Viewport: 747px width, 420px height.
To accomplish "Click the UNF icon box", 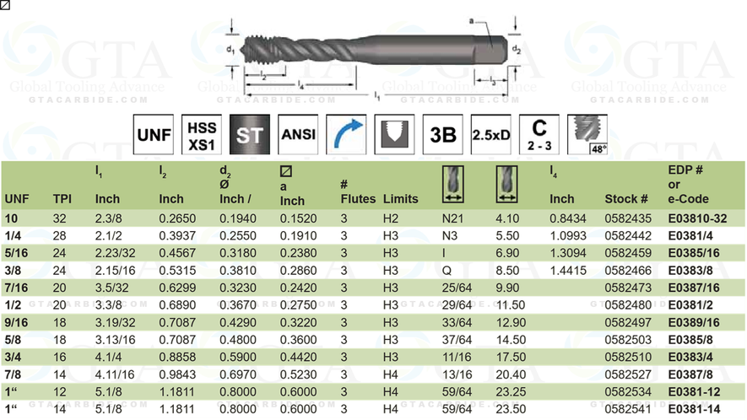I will [155, 135].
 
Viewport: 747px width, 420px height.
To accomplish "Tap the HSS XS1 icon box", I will [203, 135].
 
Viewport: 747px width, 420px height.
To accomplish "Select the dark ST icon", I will [250, 135].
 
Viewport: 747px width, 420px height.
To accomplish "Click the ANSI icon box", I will [298, 135].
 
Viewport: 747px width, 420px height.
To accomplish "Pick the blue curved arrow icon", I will [346, 135].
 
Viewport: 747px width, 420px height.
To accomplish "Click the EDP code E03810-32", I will [698, 218].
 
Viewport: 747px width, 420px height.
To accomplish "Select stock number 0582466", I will [625, 272].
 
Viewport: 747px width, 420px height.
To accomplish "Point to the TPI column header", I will [62, 199].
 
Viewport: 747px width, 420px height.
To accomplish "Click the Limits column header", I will [400, 199].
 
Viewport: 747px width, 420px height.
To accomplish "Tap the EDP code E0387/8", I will [691, 374].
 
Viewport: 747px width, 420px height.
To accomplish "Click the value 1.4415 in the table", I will [567, 272].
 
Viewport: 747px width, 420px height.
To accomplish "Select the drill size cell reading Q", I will [447, 272].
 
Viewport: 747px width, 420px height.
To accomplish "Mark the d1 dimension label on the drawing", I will [230, 50].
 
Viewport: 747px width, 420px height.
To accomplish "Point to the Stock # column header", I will [625, 199].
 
